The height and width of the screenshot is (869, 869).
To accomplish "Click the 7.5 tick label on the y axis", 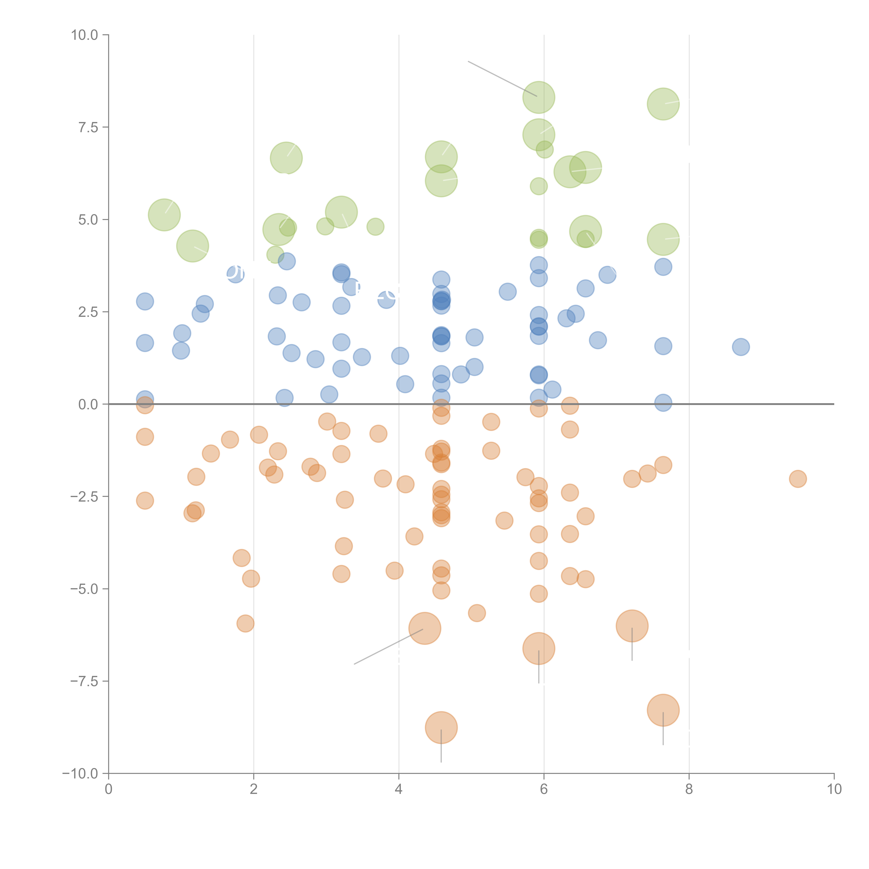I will click(88, 127).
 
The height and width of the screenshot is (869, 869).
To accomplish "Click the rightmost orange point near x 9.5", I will click(798, 479).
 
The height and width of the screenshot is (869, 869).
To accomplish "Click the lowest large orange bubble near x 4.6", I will click(441, 727).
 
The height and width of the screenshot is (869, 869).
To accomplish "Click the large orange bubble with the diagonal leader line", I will click(425, 628).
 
